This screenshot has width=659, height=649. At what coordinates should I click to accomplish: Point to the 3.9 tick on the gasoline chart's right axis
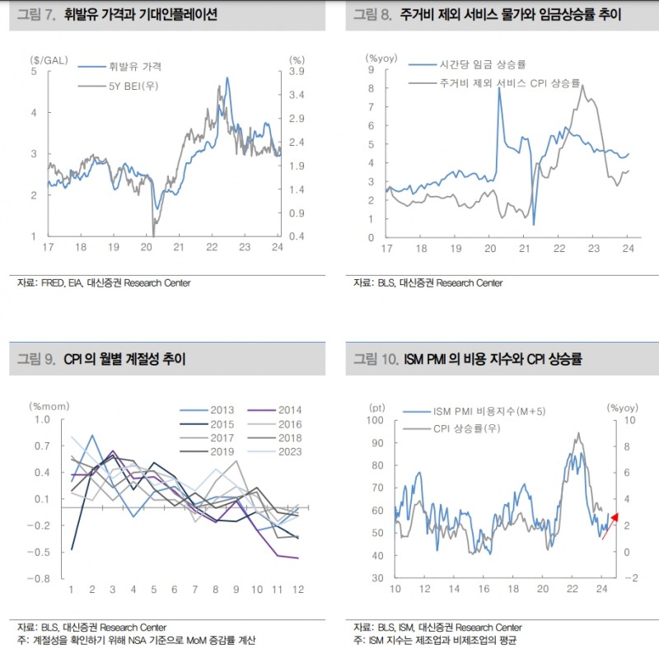click(x=298, y=72)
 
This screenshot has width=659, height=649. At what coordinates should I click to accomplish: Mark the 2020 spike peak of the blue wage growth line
click(x=499, y=88)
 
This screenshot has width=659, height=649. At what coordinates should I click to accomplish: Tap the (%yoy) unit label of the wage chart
click(x=381, y=57)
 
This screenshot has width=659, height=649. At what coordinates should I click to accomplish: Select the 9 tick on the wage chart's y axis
click(x=372, y=71)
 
